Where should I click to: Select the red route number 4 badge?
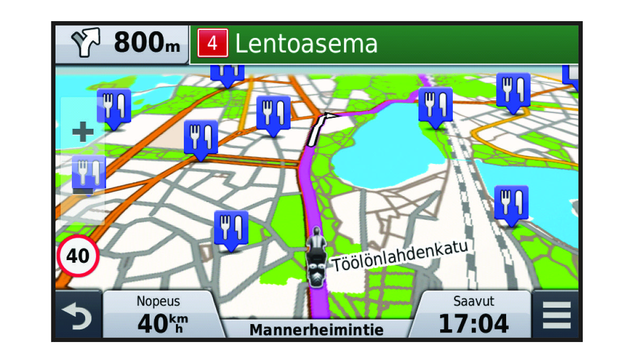(x=212, y=43)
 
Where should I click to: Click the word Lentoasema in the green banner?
(x=306, y=43)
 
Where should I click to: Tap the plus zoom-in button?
(x=83, y=132)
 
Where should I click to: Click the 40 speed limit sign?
(x=78, y=257)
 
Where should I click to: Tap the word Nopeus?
(x=158, y=301)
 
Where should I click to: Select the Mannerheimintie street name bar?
(x=316, y=330)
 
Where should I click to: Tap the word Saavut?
(x=474, y=301)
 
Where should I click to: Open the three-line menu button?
(x=556, y=316)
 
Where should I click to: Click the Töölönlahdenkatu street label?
(x=400, y=256)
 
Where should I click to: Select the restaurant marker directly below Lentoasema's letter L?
(x=228, y=73)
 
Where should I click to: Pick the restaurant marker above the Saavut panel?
(x=511, y=204)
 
